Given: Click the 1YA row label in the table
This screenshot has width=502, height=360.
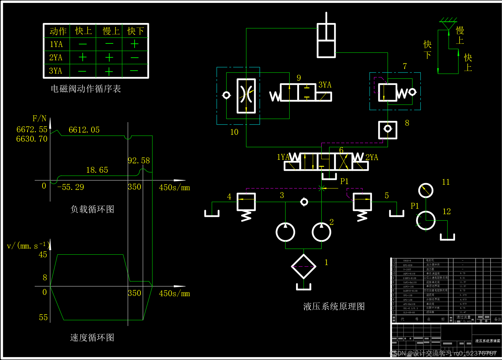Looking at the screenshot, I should coord(56,44).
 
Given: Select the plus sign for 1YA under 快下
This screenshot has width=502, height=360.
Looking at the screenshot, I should coord(135,44).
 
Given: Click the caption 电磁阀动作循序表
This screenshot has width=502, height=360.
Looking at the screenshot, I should coord(86,89).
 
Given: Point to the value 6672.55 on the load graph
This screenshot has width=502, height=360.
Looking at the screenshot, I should coord(32,130).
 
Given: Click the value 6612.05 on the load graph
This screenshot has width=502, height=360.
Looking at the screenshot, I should coord(84,130).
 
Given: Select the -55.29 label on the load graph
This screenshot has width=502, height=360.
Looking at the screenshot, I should coord(70,187).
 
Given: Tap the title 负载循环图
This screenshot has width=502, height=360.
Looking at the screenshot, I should coord(92,209).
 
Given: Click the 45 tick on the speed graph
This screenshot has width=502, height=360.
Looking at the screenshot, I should coord(43,255).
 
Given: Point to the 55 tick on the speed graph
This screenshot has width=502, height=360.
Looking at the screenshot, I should coord(43,318).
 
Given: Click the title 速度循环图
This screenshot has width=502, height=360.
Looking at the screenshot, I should coord(92,338).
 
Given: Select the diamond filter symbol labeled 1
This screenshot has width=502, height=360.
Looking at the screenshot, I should coord(304,266).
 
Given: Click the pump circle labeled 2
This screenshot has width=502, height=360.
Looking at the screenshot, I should coord(321,232).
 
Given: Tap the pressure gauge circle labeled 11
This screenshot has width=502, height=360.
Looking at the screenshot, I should coord(425,191).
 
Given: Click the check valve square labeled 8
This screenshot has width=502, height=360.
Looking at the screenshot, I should coord(388,130).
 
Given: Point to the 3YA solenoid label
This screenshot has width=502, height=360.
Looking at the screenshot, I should coord(325,85).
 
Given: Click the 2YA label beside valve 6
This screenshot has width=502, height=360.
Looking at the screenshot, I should coord(372,157).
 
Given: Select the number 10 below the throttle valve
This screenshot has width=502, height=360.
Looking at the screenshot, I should coord(234,132).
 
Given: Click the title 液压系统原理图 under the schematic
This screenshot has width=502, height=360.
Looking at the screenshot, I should coord(334,307).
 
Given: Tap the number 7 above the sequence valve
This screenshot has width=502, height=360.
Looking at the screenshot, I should coord(405,66).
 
